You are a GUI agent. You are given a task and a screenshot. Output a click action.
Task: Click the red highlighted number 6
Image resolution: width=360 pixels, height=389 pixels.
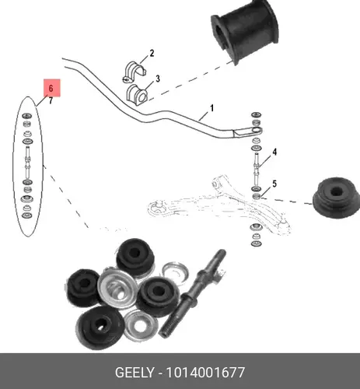tap(51, 88)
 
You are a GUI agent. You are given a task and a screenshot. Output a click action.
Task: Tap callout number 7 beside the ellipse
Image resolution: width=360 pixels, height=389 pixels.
tap(51, 100)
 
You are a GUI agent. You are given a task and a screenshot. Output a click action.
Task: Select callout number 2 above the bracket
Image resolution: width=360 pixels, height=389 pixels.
tap(152, 54)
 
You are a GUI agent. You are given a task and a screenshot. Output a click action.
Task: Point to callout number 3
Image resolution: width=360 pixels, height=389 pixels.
tap(158, 79)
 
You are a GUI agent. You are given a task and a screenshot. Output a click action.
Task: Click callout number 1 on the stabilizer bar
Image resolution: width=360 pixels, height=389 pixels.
tap(211, 108)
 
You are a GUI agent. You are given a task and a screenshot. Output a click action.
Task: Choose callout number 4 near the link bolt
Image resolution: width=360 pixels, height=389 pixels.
tap(274, 152)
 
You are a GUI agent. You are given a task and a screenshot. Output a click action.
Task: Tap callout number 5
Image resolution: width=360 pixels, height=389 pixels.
tap(274, 184)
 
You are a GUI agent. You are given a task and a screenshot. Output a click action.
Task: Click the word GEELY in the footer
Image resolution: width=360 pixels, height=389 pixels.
tap(135, 373)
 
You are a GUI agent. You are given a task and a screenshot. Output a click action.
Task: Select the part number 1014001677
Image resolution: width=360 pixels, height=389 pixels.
tap(205, 373)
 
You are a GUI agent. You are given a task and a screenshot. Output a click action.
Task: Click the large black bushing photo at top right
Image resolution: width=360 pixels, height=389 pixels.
tap(245, 31)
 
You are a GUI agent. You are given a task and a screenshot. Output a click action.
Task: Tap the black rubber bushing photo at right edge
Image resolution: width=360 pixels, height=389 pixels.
tap(336, 198)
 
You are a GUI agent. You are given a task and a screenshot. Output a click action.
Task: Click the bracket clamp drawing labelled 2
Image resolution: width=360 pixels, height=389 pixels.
tap(134, 72)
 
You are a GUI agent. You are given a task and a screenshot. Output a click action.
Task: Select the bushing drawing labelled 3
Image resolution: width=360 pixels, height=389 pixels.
tap(137, 95)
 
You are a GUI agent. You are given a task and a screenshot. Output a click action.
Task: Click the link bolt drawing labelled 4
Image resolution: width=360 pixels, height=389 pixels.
tap(256, 168)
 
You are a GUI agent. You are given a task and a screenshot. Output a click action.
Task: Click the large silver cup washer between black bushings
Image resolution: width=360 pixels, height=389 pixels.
tap(117, 289)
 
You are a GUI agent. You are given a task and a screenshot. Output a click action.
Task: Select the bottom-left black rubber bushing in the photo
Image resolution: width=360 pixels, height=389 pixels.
tap(100, 328)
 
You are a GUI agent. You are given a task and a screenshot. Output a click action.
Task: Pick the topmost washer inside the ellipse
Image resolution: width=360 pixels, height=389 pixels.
tap(26, 115)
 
